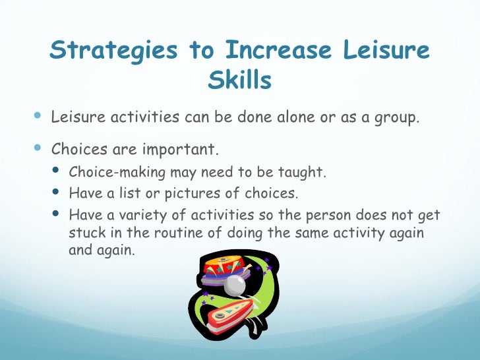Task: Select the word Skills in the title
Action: click(x=239, y=80)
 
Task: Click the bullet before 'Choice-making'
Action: click(x=56, y=173)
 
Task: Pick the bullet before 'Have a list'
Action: click(x=56, y=194)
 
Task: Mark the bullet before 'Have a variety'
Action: click(x=56, y=216)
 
